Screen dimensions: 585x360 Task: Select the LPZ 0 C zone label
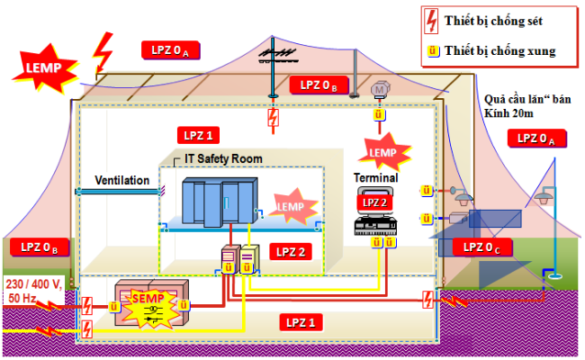pos(481,247)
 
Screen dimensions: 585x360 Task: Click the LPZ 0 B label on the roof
pos(319,85)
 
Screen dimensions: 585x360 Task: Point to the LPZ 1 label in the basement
pos(301,322)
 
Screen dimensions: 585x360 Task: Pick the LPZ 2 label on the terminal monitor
pos(374,202)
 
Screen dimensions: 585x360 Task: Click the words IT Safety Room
pos(223,158)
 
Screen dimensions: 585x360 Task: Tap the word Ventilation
pos(122,180)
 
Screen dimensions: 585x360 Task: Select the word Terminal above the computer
pos(375,178)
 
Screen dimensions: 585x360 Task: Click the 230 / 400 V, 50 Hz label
pos(32,291)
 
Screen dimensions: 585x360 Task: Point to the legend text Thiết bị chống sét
pos(493,21)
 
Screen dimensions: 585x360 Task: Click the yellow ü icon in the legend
pos(433,50)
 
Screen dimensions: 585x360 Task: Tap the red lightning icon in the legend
pos(431,21)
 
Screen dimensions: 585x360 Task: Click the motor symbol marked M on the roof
pos(380,90)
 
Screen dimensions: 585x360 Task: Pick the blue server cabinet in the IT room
pos(220,202)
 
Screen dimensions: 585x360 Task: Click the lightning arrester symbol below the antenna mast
pos(274,118)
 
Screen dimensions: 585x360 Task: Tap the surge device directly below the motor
pos(379,114)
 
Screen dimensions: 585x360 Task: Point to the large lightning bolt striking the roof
pos(103,53)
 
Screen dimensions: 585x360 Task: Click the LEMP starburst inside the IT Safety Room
pos(292,205)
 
